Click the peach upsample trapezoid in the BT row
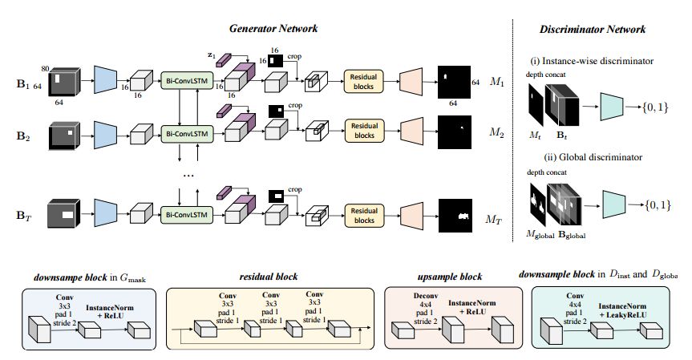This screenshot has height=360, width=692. tap(411, 214)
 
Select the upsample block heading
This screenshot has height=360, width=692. tap(450, 276)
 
